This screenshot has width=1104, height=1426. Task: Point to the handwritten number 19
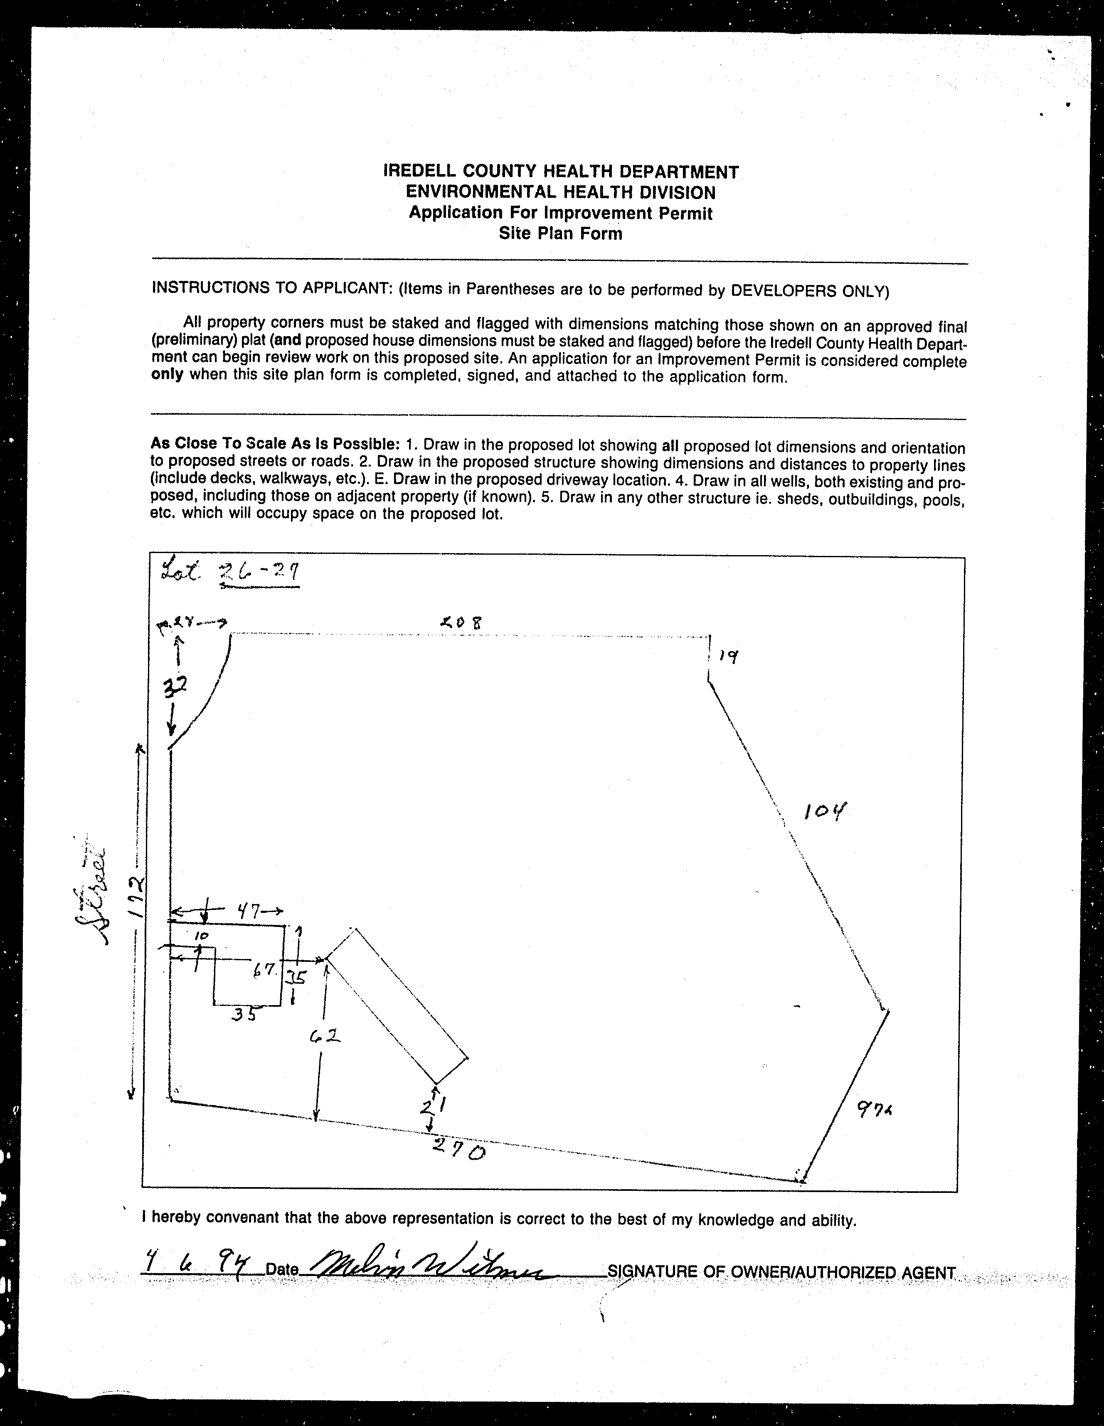click(x=728, y=656)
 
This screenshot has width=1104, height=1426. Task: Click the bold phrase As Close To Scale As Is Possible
click(x=275, y=443)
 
